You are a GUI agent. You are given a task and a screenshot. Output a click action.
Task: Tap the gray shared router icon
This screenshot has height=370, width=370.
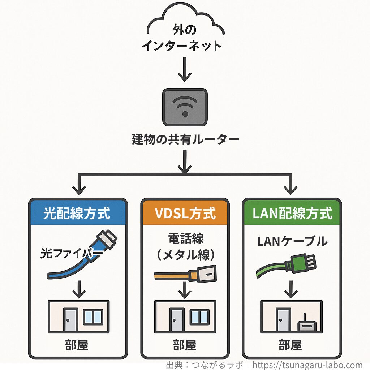tap(185, 107)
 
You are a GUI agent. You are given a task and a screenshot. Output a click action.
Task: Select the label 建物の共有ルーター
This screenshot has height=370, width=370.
tap(185, 140)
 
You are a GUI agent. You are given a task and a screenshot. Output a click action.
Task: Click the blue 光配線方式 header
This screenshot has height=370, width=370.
tap(78, 213)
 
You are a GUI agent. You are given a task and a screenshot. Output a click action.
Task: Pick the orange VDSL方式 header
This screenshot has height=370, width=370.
tap(185, 213)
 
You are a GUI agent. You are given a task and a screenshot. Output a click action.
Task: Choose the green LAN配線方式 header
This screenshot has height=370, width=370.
tap(292, 213)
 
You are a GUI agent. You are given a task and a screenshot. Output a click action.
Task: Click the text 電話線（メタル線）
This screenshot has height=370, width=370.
tap(185, 246)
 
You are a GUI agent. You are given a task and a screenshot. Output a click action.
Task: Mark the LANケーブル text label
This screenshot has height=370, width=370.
tap(292, 241)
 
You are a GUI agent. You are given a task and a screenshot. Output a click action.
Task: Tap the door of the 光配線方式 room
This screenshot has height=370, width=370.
tap(70, 320)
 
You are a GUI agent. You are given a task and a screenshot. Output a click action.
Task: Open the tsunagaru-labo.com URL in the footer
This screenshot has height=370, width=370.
tap(307, 365)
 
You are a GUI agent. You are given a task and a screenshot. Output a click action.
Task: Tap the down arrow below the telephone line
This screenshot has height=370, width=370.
tap(185, 289)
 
